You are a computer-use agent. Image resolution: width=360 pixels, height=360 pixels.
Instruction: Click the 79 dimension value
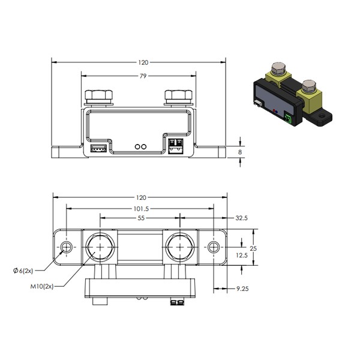[x=143, y=76]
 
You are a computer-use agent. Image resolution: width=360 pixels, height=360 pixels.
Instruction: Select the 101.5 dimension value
[x=141, y=209]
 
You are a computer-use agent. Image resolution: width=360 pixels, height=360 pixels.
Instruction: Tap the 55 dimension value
[x=141, y=218]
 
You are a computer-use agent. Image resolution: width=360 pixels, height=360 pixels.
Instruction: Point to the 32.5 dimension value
[x=242, y=218]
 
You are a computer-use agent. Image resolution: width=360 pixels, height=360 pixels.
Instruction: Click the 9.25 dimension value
[x=242, y=289]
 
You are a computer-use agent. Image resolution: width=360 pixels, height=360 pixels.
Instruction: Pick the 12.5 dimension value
[x=242, y=256]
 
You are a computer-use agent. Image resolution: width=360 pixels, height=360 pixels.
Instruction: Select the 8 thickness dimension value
[x=240, y=152]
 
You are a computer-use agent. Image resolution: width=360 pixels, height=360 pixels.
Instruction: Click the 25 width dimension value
[x=253, y=248]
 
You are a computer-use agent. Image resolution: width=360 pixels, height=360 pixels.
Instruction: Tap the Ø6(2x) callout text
[x=23, y=271]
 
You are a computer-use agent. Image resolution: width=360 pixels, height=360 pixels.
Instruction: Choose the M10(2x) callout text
[x=42, y=287]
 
